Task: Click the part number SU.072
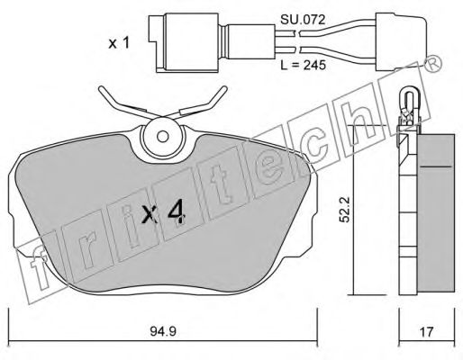(303, 20)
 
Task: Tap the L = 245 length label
(303, 65)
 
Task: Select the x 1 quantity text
(119, 43)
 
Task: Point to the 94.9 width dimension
(162, 332)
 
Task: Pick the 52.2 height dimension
(345, 210)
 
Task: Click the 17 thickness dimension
(426, 332)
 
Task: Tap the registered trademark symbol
(432, 64)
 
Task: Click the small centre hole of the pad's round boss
(163, 137)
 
